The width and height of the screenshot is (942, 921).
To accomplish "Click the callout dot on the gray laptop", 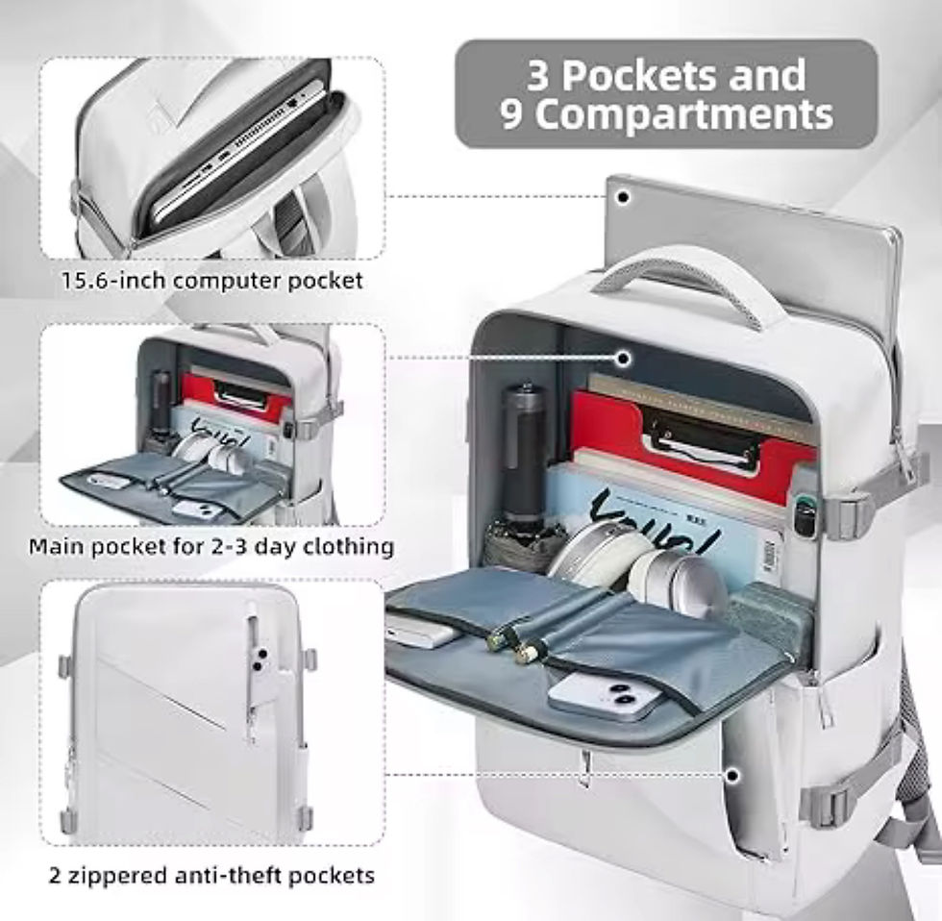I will point(624,197).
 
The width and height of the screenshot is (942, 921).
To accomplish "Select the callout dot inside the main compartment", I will point(624,359).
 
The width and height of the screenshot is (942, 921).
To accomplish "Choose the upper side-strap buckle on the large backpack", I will point(847,515).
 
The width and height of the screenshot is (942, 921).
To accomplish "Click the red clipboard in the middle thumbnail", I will point(235,395).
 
